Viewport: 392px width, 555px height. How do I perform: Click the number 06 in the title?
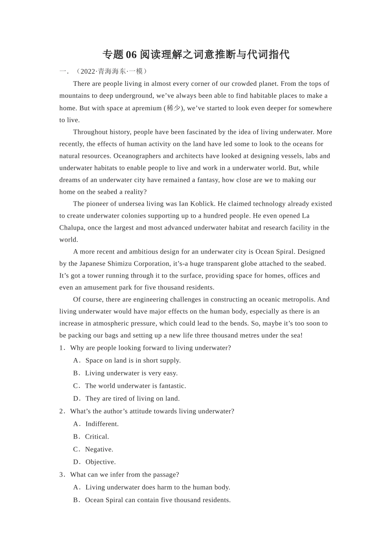(x=131, y=55)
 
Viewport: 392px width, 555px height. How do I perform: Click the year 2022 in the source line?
(x=88, y=71)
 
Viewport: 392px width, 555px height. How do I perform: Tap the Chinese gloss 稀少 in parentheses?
(x=173, y=108)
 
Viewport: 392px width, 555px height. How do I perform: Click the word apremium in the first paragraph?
(x=147, y=108)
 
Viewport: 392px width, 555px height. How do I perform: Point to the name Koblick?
(x=202, y=204)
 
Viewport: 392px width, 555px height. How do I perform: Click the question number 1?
(x=61, y=348)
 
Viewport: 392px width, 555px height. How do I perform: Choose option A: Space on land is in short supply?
(x=133, y=361)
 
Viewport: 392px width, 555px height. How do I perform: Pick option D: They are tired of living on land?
(x=132, y=399)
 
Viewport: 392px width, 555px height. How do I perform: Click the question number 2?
(x=61, y=412)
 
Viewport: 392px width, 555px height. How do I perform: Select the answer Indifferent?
(x=102, y=424)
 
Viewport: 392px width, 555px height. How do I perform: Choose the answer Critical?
(x=97, y=437)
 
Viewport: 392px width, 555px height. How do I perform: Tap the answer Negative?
(x=99, y=450)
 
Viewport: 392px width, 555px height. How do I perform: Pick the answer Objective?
(x=100, y=462)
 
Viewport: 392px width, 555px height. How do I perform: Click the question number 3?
(x=61, y=475)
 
